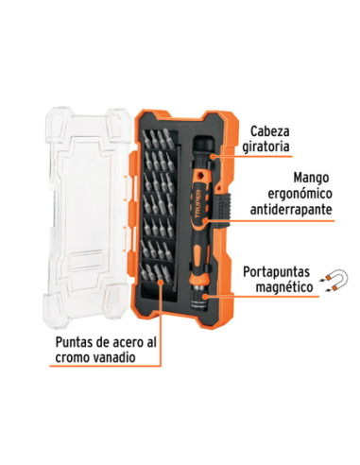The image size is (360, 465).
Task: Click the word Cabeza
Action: point(271,132)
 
